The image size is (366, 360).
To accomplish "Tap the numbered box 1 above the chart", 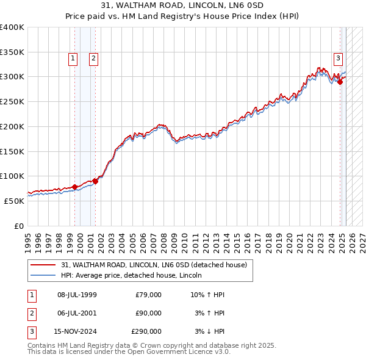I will pos(73,59).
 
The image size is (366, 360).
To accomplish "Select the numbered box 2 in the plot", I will pos(93,59).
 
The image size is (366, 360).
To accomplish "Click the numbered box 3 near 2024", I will pos(338,59).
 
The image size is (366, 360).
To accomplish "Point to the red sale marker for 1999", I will pos(74,187).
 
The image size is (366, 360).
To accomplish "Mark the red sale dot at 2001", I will pos(95,181).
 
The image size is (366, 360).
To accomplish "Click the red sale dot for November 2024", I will pos(340,82).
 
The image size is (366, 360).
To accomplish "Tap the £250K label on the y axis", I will pos(12,101).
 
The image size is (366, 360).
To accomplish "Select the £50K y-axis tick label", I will pos(14,200).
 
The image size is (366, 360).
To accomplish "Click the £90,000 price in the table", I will pos(148,313).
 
